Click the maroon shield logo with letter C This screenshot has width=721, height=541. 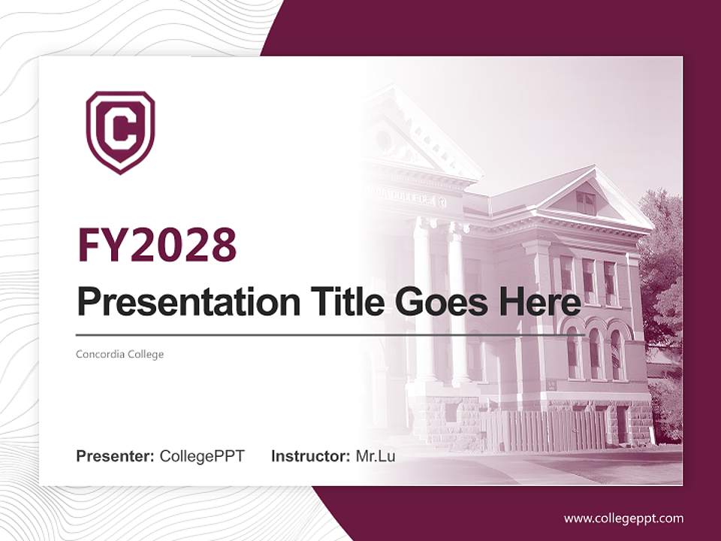(120, 132)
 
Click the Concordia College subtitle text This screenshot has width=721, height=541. (119, 354)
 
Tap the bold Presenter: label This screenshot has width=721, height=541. (116, 456)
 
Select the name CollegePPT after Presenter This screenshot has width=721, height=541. (202, 456)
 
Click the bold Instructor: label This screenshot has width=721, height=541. (310, 456)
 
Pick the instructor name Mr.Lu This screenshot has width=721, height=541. (376, 456)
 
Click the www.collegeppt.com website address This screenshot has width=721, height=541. (623, 518)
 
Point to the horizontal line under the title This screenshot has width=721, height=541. (330, 334)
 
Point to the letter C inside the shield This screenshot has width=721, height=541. (120, 131)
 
